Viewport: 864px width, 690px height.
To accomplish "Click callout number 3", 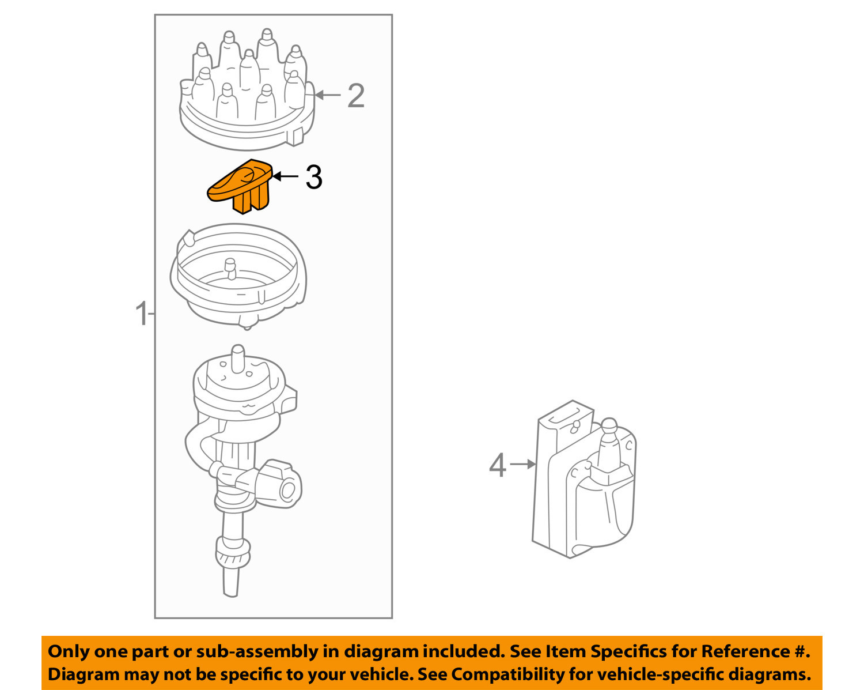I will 313,177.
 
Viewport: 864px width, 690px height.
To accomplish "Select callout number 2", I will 355,96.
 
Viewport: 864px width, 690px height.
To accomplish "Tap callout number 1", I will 141,314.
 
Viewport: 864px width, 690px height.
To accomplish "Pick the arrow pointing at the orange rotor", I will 285,176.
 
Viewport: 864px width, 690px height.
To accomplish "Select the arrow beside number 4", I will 523,464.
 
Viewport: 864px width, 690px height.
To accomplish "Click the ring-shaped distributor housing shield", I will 238,277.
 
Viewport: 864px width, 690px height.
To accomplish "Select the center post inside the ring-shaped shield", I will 230,266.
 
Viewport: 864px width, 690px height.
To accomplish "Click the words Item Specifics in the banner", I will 607,651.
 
